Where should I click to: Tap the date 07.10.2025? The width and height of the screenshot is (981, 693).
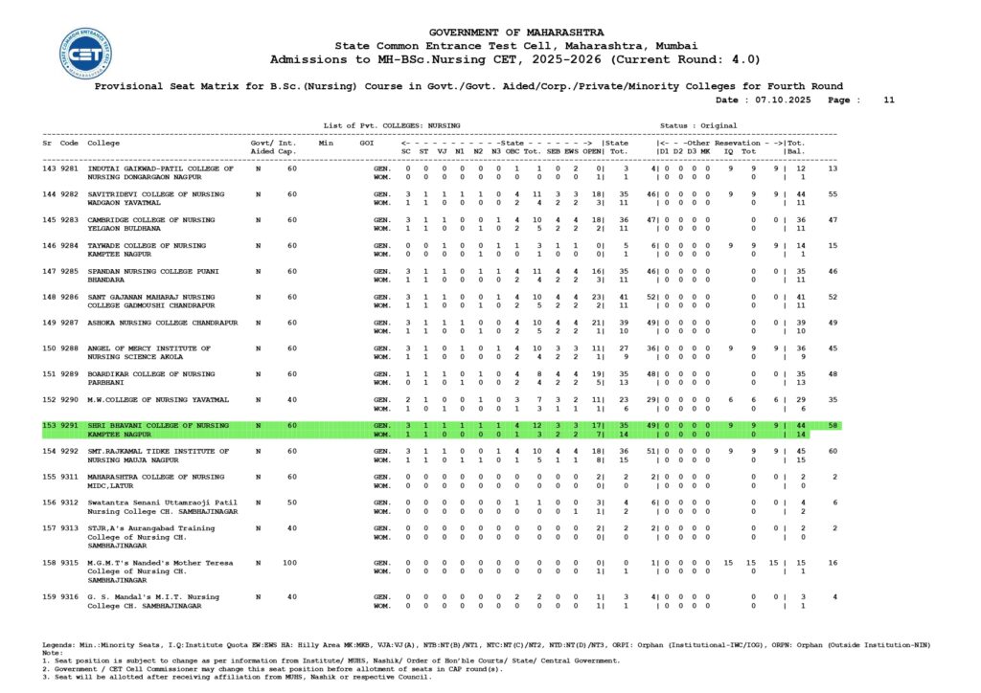pyautogui.click(x=783, y=100)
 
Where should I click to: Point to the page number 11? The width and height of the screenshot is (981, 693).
pyautogui.click(x=888, y=100)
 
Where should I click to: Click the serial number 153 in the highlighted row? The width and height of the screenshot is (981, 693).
pyautogui.click(x=49, y=425)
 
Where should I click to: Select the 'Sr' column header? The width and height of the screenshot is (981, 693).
pyautogui.click(x=47, y=143)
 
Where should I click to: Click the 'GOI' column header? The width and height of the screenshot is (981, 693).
pyautogui.click(x=366, y=143)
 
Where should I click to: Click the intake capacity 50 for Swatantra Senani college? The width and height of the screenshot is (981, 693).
pyautogui.click(x=292, y=502)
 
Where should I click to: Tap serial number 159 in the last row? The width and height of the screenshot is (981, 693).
pyautogui.click(x=49, y=597)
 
